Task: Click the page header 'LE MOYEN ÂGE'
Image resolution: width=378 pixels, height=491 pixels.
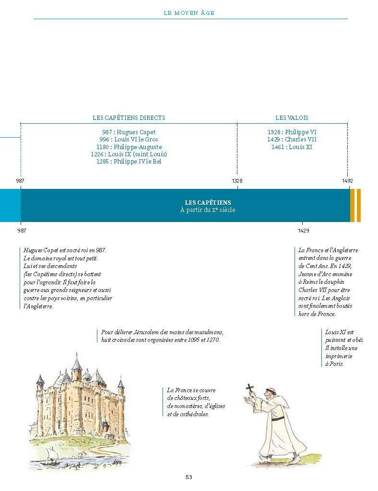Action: pyautogui.click(x=189, y=13)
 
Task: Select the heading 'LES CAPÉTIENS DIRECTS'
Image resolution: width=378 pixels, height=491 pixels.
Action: pyautogui.click(x=129, y=117)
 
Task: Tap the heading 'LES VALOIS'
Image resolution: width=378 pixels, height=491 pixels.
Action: pyautogui.click(x=292, y=117)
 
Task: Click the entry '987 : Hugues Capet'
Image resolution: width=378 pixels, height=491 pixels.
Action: pyautogui.click(x=129, y=132)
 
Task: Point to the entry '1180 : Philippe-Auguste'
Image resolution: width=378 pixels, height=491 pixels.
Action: pyautogui.click(x=129, y=147)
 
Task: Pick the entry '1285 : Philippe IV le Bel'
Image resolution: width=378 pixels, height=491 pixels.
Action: pyautogui.click(x=129, y=162)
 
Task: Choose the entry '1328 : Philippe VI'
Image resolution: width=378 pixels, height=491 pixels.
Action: pyautogui.click(x=292, y=132)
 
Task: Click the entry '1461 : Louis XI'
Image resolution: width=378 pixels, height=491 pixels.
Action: pyautogui.click(x=292, y=147)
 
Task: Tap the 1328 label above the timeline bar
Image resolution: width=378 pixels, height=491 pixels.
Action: pyautogui.click(x=237, y=181)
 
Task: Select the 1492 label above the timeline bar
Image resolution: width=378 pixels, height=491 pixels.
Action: pyautogui.click(x=347, y=181)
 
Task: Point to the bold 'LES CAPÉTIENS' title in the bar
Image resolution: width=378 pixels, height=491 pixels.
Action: pyautogui.click(x=208, y=203)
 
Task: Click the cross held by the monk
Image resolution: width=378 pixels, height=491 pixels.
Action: pyautogui.click(x=249, y=388)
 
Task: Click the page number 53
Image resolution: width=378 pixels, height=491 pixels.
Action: pyautogui.click(x=189, y=477)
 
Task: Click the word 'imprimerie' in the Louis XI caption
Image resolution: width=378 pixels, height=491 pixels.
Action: pyautogui.click(x=338, y=356)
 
